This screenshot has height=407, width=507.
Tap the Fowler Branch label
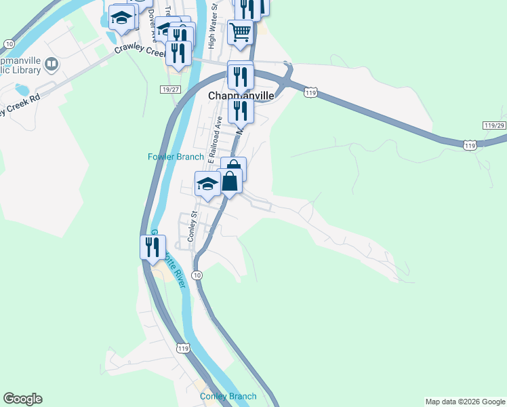coord(176,157)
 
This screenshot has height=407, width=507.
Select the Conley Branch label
coord(228,396)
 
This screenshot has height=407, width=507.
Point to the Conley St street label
coord(192,228)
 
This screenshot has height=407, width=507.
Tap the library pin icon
coord(52,65)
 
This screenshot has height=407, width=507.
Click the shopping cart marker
coord(241,32)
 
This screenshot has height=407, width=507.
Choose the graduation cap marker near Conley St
coord(207,184)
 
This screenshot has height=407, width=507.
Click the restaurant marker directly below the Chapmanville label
coord(241,110)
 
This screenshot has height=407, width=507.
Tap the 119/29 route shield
coord(495,126)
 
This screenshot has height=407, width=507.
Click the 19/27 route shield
coord(171,90)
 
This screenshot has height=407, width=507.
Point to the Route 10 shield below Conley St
coord(197,275)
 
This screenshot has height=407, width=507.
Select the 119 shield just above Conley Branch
coord(182,349)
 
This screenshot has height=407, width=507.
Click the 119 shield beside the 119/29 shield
coord(469,144)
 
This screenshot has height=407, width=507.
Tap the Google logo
coord(22,399)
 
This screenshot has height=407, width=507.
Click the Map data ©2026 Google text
coord(465,402)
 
